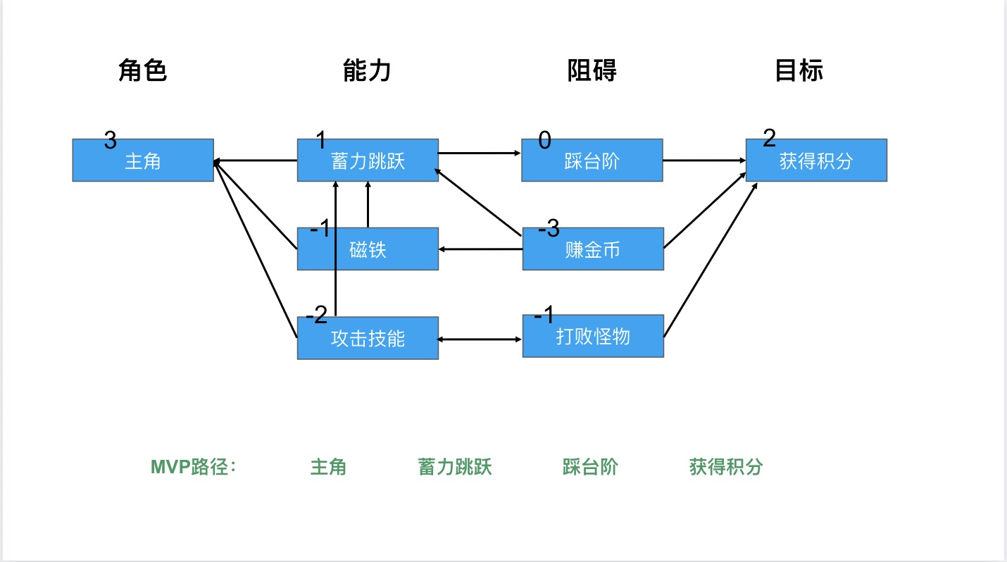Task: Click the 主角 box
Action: [143, 160]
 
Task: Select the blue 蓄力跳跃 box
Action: [368, 160]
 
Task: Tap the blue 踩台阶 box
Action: [592, 160]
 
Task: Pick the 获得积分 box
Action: [816, 160]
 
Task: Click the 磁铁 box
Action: [368, 249]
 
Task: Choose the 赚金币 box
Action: [593, 249]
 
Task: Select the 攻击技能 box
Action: [368, 338]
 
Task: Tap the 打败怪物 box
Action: [593, 336]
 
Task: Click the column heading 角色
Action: [142, 70]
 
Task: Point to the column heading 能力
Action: [367, 70]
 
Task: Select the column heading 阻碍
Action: [592, 70]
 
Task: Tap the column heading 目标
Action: [799, 70]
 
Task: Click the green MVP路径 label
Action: [194, 467]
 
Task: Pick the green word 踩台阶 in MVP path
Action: [590, 467]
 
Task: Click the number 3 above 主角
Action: [110, 140]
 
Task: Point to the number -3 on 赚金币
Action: [549, 228]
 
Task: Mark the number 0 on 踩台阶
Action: [544, 140]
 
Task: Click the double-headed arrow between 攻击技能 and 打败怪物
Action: [480, 339]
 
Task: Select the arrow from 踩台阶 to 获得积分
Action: [704, 160]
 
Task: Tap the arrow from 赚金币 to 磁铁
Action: [480, 249]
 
